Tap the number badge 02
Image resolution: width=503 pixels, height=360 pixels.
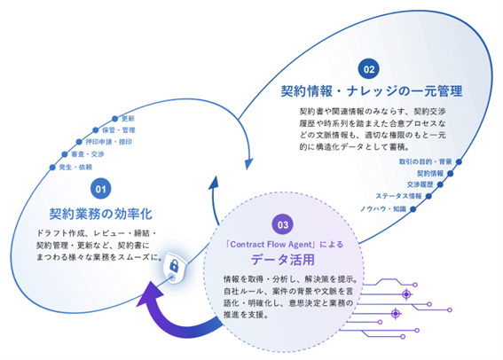click(x=368, y=67)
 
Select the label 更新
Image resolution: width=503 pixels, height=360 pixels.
click(x=129, y=118)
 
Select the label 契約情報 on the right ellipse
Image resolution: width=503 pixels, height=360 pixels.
click(x=430, y=174)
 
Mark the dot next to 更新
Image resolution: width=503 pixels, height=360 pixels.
click(x=115, y=118)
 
